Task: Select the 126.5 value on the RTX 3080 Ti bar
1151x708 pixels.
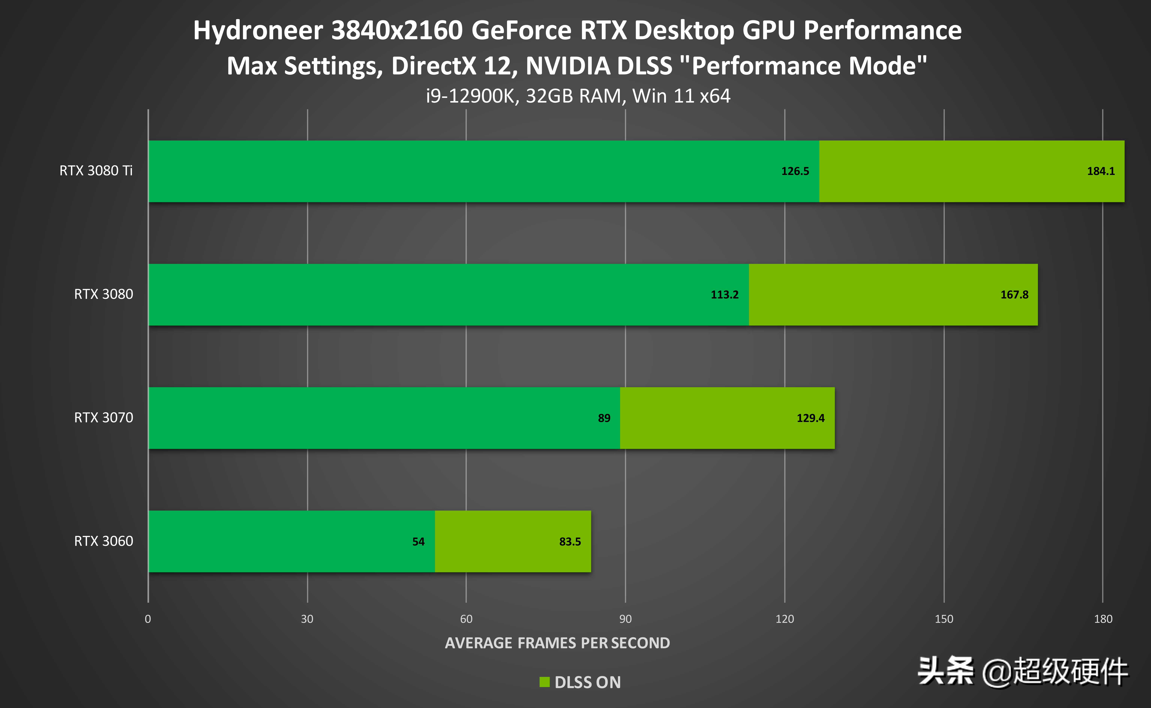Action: (795, 171)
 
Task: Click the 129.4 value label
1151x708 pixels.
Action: (810, 418)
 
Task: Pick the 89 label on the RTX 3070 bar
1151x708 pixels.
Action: (604, 418)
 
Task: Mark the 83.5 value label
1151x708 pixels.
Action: (570, 542)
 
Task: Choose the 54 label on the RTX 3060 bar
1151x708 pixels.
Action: (418, 542)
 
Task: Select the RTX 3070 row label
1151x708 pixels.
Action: (103, 418)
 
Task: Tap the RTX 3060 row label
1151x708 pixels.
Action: (103, 541)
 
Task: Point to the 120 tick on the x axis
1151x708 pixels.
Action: (784, 619)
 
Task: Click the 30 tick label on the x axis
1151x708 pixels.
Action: (307, 619)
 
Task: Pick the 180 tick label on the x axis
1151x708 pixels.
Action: (1103, 619)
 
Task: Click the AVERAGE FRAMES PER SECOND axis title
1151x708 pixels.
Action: (557, 643)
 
